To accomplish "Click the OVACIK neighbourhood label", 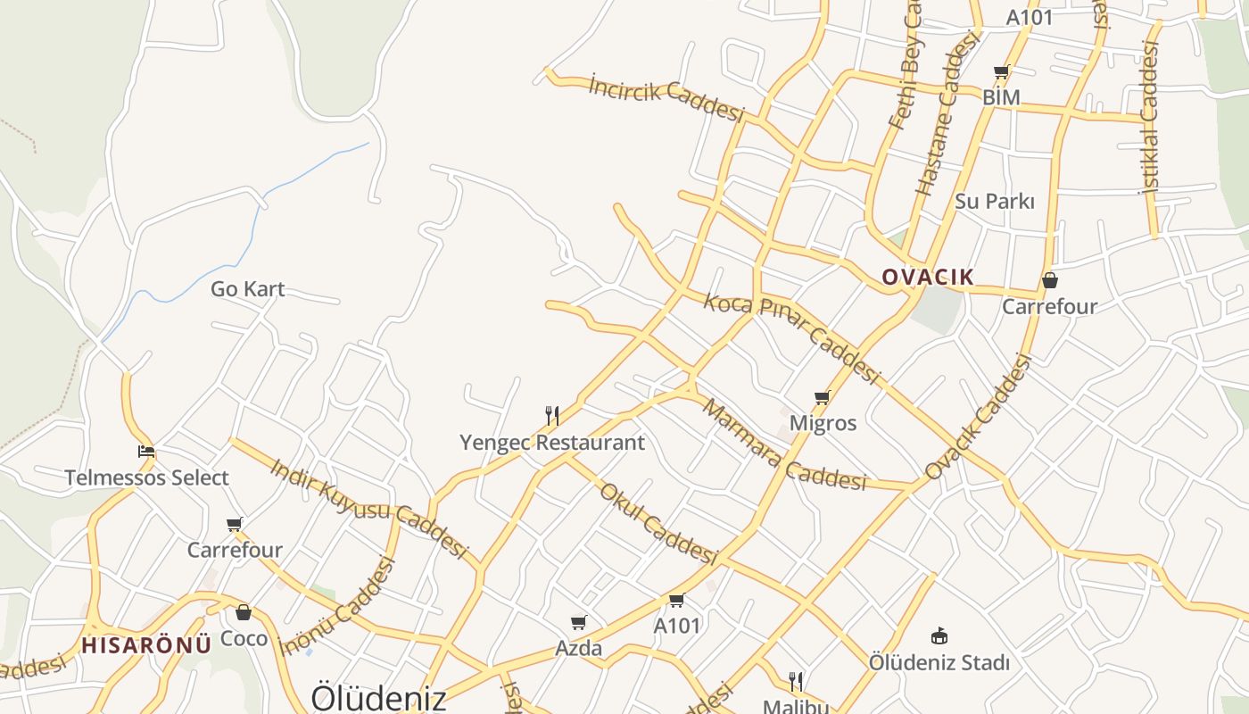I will (928, 277).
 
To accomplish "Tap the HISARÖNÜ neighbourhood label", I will (146, 644).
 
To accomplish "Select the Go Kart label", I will (248, 289).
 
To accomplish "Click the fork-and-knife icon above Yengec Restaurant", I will (552, 415).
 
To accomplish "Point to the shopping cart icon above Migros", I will (822, 397).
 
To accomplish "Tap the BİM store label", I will (1001, 96).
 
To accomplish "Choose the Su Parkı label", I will (995, 201).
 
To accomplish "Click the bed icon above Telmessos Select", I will (146, 452).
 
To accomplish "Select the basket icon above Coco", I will (244, 612).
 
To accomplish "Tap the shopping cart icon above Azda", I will (579, 622).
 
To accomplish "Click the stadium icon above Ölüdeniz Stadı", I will (939, 636).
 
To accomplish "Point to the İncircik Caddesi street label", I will (666, 98).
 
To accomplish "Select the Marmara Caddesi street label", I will (784, 445).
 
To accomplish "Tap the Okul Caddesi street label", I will (658, 523).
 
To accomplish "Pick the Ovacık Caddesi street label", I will (979, 416).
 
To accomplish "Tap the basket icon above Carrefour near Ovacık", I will (1050, 280).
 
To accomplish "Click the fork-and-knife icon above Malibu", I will (796, 682).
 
